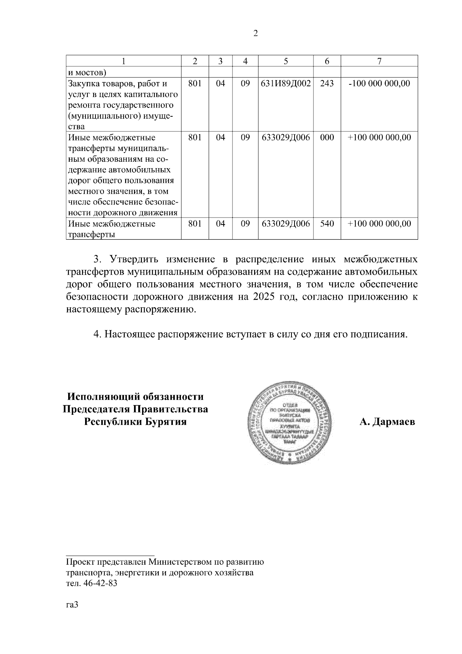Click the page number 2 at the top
pos(255,34)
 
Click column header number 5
pos(286,61)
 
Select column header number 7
pos(379,61)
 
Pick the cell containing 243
pos(327,83)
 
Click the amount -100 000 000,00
pos(379,83)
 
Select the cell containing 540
pos(327,223)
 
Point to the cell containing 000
pos(327,138)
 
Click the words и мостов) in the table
pos(87,72)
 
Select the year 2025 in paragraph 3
pos(265,297)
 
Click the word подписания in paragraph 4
pos(378,334)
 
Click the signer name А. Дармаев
pos(387,422)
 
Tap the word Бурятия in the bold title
pos(164,421)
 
